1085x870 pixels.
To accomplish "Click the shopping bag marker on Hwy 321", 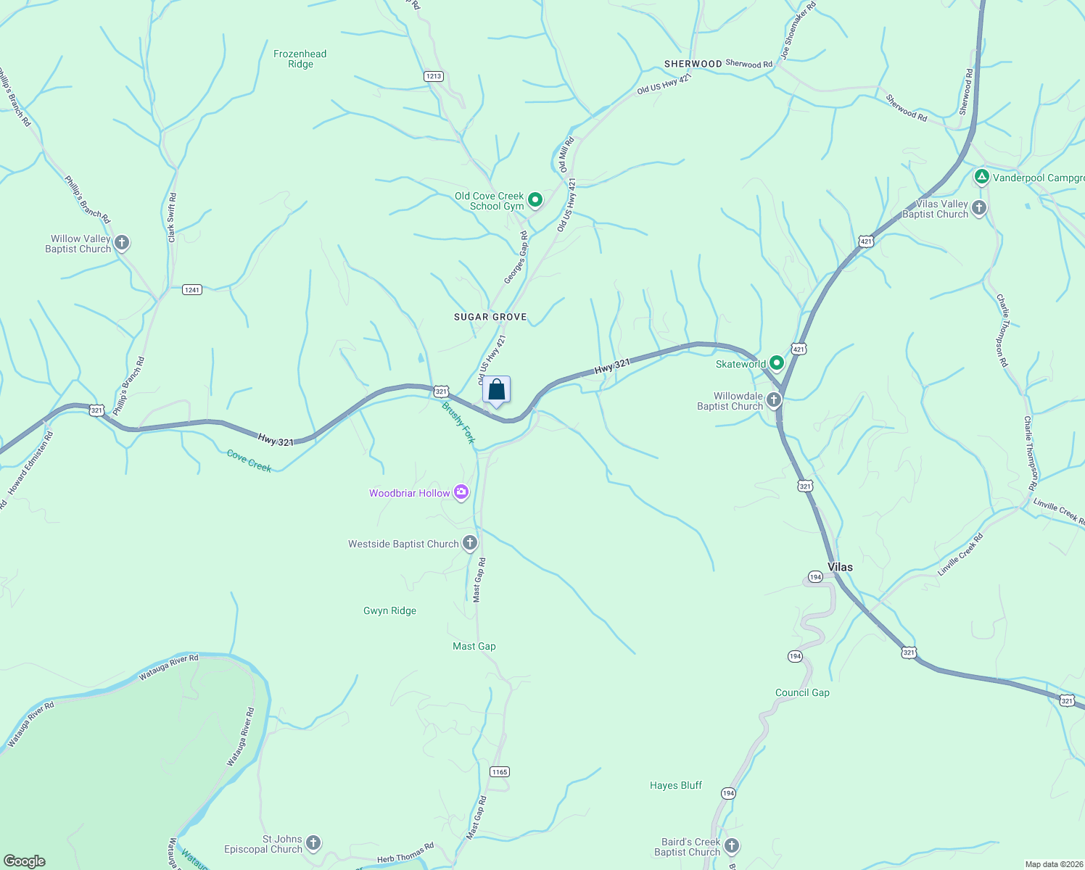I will (x=496, y=390).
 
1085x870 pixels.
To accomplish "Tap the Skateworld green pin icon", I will (x=777, y=362).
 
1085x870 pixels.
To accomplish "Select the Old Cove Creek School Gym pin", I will (x=535, y=199).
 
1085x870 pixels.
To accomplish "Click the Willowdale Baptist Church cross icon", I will (x=774, y=399).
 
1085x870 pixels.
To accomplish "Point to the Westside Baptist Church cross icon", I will (x=470, y=542).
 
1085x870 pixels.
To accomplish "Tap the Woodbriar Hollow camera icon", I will (x=461, y=493).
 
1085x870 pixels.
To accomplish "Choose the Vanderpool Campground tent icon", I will (x=981, y=176).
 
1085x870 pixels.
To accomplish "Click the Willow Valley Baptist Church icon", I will (x=122, y=242).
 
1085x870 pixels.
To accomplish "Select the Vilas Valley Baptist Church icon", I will (x=979, y=208).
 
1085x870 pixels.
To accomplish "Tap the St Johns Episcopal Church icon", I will (x=313, y=842).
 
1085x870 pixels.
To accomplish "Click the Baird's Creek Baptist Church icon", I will (x=732, y=845).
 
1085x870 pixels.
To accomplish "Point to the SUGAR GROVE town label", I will (x=490, y=317).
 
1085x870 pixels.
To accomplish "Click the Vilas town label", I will (x=840, y=567).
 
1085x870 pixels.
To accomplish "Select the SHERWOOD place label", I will (x=693, y=64).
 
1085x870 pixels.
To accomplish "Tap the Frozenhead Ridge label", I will (x=300, y=59).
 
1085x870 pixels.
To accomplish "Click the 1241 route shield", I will (x=191, y=290).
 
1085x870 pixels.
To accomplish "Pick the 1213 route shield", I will (x=434, y=76).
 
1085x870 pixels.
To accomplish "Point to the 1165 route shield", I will (x=499, y=771).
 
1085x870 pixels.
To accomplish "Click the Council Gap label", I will (x=802, y=692).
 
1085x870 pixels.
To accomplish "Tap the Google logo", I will (x=25, y=861).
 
